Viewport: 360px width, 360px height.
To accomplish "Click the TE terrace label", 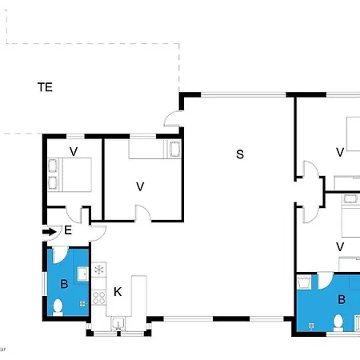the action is (45, 87).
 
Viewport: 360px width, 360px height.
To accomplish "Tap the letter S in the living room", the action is (240, 154).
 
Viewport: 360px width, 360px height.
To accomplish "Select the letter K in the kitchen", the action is (118, 292).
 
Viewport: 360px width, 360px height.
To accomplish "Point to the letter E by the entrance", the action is (68, 230).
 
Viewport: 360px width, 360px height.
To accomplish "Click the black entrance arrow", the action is (50, 231).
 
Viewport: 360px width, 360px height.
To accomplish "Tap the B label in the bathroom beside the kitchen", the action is (64, 284).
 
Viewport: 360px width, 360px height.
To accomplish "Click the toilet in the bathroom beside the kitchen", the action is (58, 307).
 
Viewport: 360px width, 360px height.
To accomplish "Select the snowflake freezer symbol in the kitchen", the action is (99, 270).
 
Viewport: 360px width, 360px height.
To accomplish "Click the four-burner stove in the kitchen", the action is (98, 298).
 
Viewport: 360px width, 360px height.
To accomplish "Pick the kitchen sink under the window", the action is (118, 323).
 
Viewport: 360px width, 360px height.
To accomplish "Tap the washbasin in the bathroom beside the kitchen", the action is (83, 274).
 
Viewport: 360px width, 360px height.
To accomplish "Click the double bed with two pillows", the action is (70, 174).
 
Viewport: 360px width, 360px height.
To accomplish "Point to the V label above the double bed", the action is (74, 151).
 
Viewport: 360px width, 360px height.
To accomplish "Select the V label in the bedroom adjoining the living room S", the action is (140, 186).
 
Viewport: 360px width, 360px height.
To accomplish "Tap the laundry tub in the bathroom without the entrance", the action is (304, 282).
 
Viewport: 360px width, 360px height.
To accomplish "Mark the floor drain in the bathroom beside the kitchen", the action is (82, 303).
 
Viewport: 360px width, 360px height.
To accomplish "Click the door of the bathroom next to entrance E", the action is (61, 255).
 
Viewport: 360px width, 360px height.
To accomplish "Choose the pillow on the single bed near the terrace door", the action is (175, 149).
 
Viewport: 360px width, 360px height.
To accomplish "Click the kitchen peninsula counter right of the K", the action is (138, 296).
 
